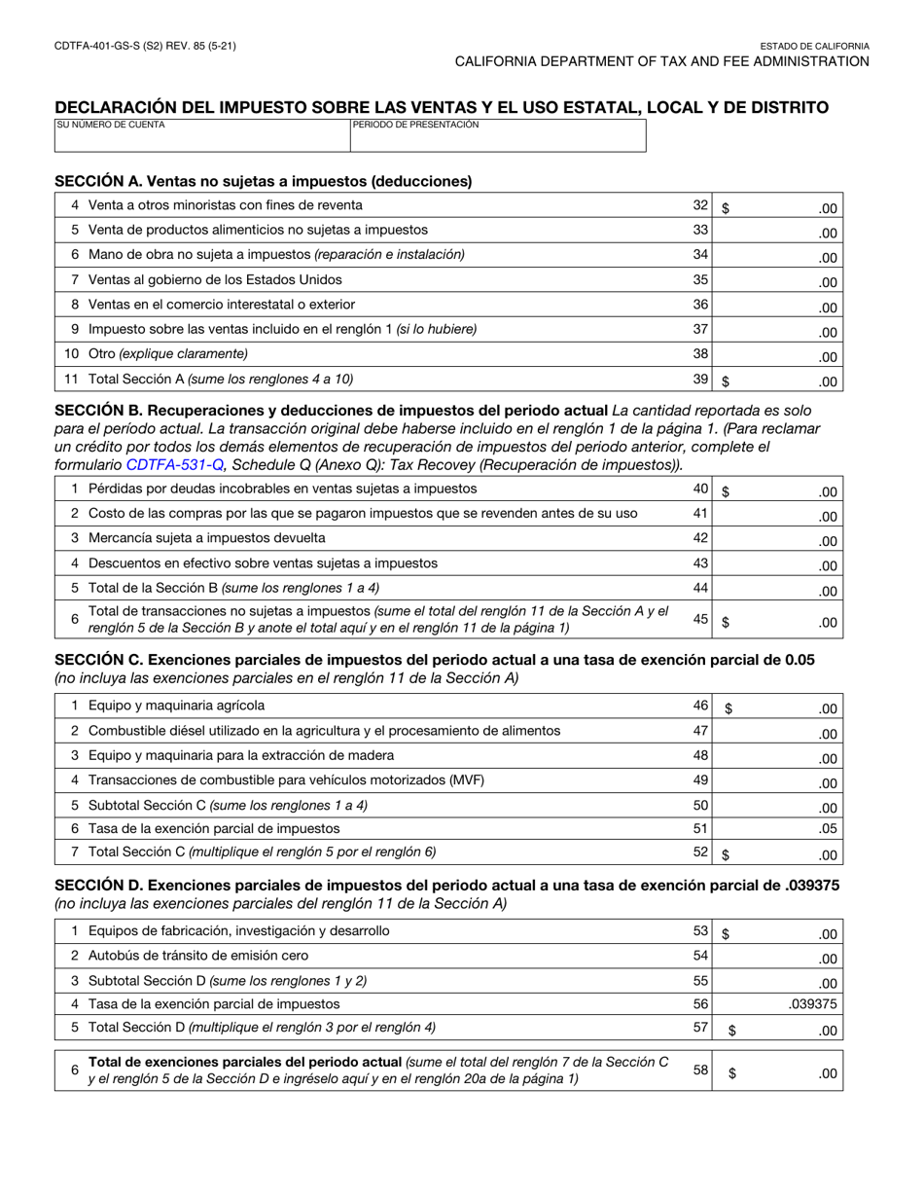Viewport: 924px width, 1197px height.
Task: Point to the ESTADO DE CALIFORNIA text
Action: pos(814,46)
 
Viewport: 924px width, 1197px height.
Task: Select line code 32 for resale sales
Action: pos(700,205)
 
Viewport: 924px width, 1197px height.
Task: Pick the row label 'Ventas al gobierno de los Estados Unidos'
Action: pos(215,279)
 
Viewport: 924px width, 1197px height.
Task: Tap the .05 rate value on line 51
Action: pos(826,829)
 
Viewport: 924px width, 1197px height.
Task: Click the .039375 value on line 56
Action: pos(812,1004)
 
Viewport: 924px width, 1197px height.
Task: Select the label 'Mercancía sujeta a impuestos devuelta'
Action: pos(206,538)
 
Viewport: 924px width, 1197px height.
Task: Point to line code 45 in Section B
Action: pos(700,619)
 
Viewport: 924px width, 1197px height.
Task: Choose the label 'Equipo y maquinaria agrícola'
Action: pos(176,706)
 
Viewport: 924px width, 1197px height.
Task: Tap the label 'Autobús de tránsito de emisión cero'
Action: pos(197,956)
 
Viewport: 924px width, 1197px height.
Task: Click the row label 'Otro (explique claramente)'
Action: pos(167,353)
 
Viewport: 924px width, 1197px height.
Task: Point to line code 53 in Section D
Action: pos(700,931)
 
